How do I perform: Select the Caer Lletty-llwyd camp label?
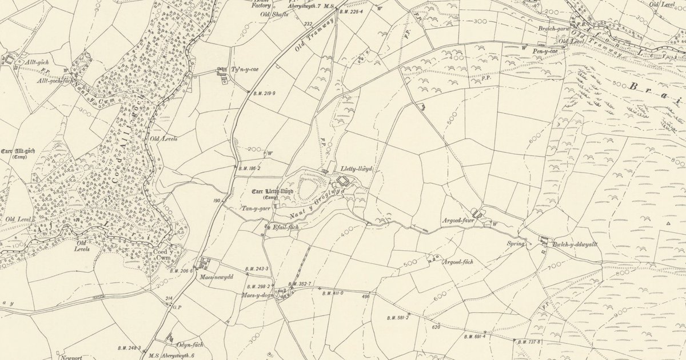pyautogui.click(x=272, y=192)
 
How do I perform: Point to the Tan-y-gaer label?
pyautogui.click(x=254, y=208)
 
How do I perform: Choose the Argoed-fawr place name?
pyautogui.click(x=457, y=219)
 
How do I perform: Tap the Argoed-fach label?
pyautogui.click(x=458, y=262)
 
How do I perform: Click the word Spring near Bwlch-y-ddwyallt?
pyautogui.click(x=516, y=243)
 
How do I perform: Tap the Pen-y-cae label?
pyautogui.click(x=544, y=51)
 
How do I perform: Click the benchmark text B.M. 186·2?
pyautogui.click(x=249, y=169)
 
